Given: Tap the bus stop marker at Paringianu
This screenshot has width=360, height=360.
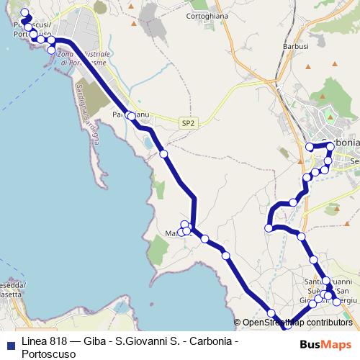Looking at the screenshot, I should tap(131, 115).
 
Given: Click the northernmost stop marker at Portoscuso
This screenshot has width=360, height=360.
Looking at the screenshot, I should tap(25, 12).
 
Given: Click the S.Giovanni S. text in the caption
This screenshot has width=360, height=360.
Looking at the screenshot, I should tap(147, 340).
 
